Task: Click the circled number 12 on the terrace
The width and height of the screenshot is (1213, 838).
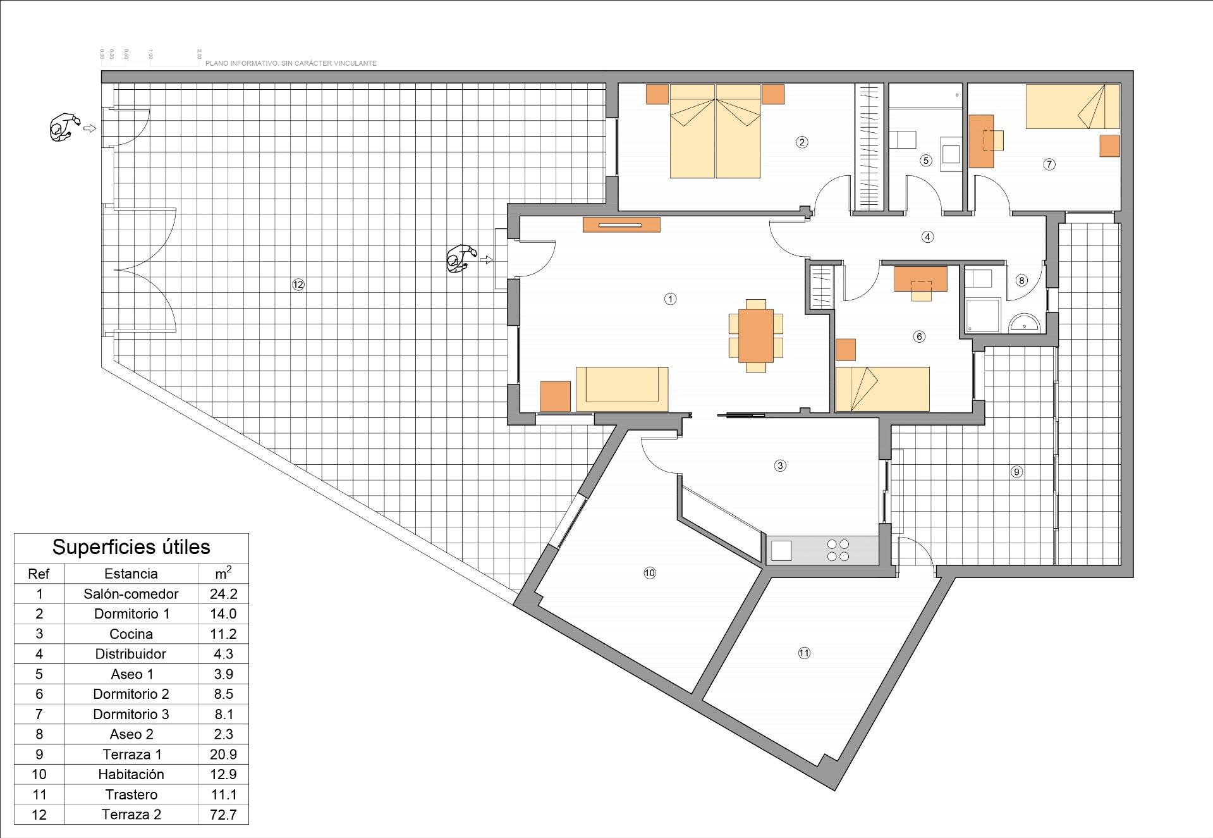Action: (298, 285)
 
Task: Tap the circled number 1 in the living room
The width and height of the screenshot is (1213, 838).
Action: (671, 299)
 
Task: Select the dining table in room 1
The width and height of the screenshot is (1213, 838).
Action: (756, 335)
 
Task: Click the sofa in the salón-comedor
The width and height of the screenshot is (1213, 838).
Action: (622, 388)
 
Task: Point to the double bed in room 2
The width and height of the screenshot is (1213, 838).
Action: (715, 131)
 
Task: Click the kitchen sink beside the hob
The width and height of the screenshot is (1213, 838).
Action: (781, 550)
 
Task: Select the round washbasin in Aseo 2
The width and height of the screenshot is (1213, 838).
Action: (1024, 324)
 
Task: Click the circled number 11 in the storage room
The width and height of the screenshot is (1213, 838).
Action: (804, 653)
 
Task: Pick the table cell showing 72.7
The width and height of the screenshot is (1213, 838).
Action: (223, 815)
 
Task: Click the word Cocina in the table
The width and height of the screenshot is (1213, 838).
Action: (131, 634)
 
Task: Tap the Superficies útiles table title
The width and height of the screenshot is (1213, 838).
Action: (131, 547)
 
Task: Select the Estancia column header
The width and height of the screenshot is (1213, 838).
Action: (131, 574)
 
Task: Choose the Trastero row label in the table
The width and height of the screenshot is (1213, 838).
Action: (131, 794)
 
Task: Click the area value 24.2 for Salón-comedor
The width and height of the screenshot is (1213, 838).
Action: (223, 594)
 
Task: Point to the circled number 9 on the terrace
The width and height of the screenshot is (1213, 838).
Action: (1016, 472)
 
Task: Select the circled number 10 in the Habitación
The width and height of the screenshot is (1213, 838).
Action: (650, 573)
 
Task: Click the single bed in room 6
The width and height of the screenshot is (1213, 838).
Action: (882, 389)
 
